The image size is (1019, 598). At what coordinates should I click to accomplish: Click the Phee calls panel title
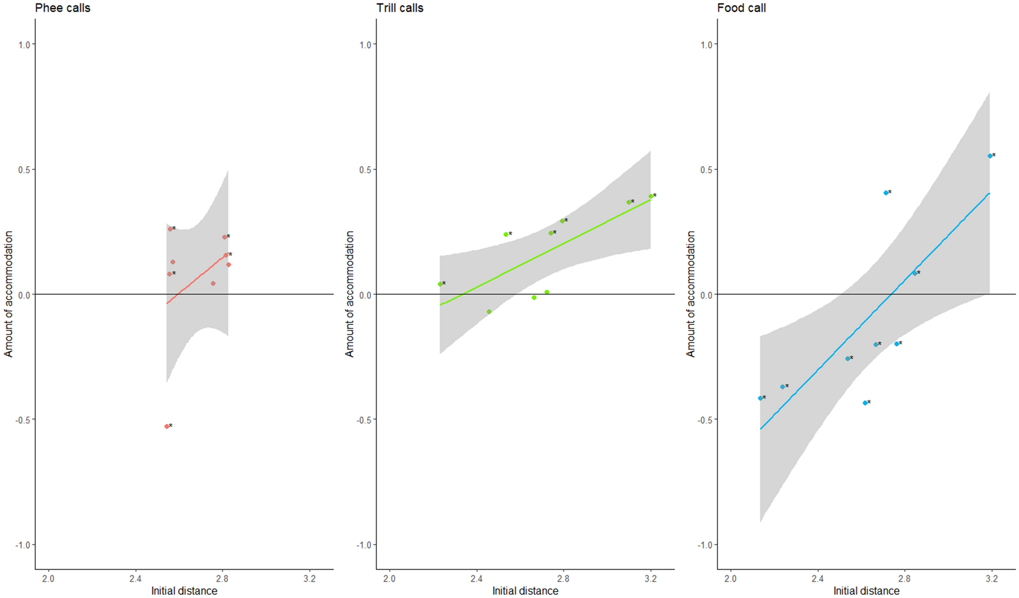click(62, 8)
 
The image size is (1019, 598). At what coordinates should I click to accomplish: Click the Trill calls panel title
click(400, 8)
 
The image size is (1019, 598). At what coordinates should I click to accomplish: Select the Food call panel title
click(741, 8)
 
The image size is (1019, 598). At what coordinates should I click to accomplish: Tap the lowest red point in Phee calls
click(167, 426)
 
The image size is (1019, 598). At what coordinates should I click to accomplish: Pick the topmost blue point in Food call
click(990, 156)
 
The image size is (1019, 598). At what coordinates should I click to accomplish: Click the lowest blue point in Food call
click(865, 403)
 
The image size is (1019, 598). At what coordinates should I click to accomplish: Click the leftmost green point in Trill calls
click(440, 284)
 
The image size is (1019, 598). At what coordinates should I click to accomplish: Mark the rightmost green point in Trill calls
click(650, 196)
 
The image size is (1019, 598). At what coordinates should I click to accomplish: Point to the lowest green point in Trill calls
click(489, 312)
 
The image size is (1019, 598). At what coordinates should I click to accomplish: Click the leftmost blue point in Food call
click(760, 398)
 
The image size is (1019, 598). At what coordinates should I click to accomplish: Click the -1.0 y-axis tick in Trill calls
click(364, 545)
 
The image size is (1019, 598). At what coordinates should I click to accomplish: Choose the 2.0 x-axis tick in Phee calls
click(48, 579)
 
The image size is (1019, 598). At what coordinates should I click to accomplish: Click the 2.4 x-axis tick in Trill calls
click(476, 579)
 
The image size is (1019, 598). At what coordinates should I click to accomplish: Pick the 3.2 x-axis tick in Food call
click(992, 579)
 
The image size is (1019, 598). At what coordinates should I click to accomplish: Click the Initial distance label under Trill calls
click(525, 591)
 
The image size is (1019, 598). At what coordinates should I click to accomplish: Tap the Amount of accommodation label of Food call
click(691, 294)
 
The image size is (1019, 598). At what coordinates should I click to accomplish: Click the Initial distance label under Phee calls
click(184, 591)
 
